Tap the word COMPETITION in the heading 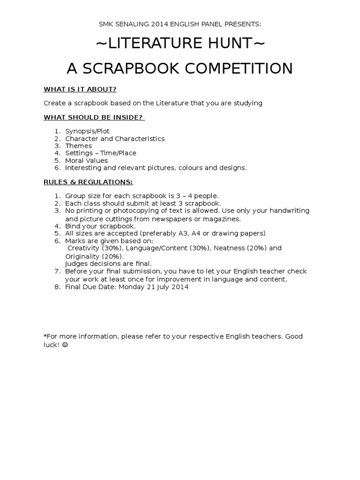[239, 68]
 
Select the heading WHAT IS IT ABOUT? [80, 89]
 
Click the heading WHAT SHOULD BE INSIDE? [94, 117]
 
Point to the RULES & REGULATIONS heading [88, 181]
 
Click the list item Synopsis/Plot [87, 131]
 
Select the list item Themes [78, 146]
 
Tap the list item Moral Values [86, 160]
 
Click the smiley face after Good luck [65, 344]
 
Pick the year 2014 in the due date [180, 287]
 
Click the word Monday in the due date [132, 287]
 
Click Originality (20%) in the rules [94, 256]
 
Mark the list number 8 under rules [57, 287]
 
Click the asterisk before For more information [45, 336]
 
